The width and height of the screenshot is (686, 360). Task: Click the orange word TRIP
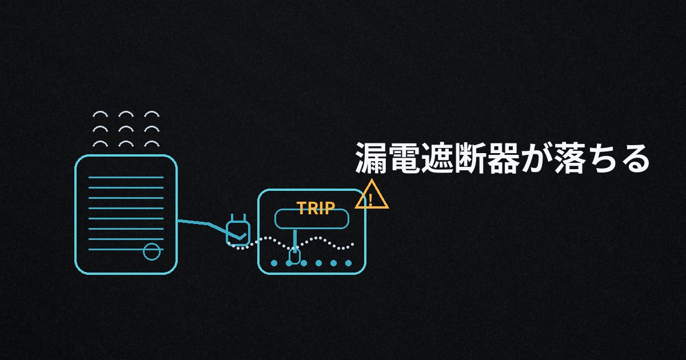[315, 209]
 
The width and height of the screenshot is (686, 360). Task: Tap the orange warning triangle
[372, 197]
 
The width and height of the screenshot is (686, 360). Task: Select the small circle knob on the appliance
[151, 251]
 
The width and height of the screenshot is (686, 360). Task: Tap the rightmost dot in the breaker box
[348, 263]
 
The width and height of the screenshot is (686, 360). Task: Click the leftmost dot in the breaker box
[274, 263]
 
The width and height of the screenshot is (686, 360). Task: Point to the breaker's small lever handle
[294, 255]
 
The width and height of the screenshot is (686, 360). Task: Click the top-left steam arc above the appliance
[100, 114]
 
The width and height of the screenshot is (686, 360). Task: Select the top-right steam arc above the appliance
[151, 114]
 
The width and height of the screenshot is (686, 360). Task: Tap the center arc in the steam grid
[126, 129]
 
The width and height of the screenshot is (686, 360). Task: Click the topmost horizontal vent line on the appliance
[126, 178]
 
